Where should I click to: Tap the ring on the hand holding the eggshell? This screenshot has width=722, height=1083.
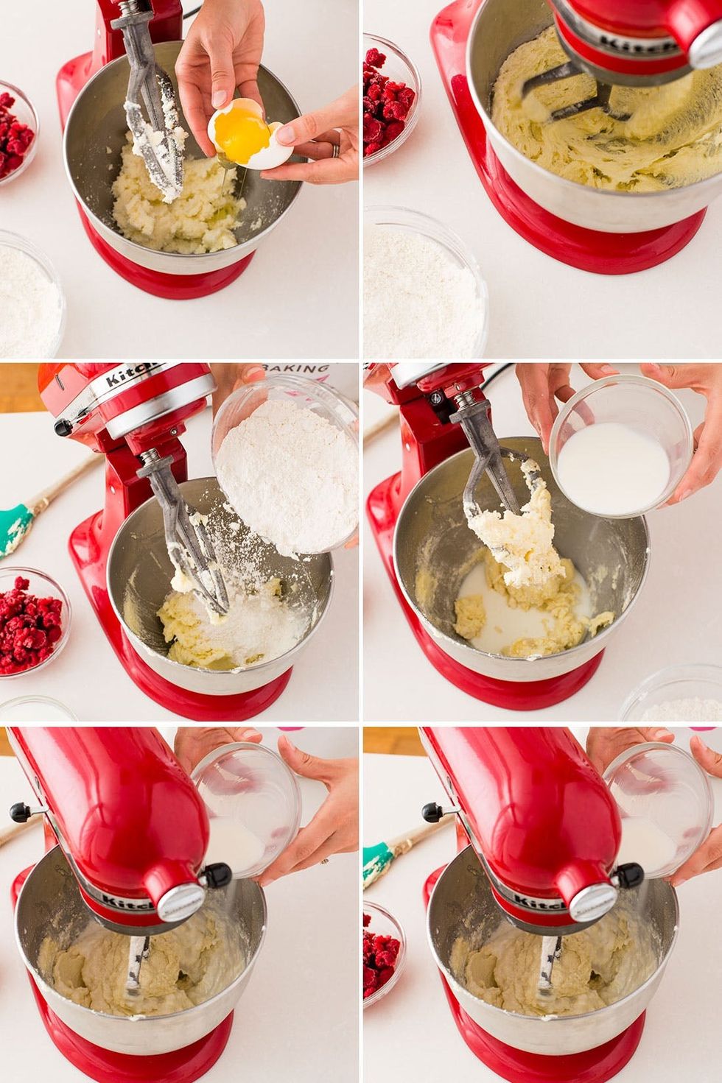point(335,149)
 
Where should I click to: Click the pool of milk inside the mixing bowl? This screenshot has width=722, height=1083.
point(516,618)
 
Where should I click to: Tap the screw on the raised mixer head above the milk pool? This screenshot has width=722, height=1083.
point(437,398)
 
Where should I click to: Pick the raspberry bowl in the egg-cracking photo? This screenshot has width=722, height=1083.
point(13,133)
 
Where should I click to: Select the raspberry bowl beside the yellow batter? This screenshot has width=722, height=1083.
point(387,103)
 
